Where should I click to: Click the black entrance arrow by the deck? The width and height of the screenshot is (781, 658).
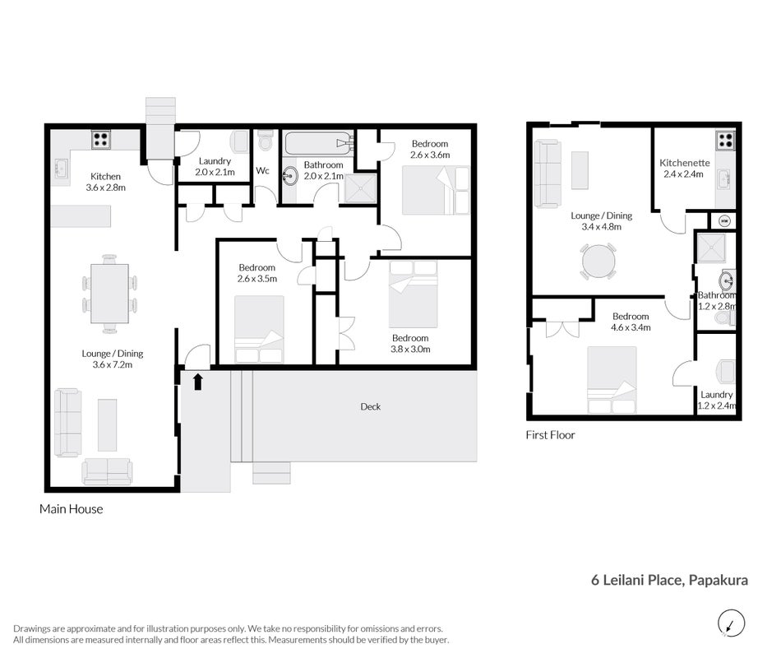(198, 382)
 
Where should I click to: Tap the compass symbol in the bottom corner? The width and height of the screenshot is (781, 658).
(731, 623)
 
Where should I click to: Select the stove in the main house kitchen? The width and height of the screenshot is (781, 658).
(101, 139)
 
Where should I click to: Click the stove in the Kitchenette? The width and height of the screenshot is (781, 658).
(725, 140)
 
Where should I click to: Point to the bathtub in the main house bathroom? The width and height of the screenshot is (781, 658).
(319, 143)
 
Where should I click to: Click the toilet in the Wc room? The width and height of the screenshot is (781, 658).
(266, 140)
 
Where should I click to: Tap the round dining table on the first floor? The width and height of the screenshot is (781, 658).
(598, 261)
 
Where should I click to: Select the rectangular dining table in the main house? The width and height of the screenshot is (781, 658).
(110, 294)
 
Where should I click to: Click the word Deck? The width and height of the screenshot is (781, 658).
(371, 407)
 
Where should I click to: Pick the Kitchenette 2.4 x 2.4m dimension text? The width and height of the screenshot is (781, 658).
(683, 174)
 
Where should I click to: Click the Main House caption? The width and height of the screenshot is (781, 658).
(72, 509)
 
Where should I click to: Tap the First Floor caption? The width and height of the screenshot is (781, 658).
(550, 435)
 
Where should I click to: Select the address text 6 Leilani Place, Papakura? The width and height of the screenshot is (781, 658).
(669, 580)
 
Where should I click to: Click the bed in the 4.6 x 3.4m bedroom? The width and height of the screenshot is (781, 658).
(612, 380)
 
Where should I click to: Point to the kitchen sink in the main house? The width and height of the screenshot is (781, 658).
(62, 169)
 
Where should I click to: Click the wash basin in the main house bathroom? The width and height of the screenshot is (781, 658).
(289, 175)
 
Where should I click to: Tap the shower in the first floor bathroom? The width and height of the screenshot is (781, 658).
(711, 248)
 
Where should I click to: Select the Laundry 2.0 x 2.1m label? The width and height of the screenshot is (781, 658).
(215, 166)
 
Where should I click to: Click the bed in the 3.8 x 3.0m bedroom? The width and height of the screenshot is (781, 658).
(414, 294)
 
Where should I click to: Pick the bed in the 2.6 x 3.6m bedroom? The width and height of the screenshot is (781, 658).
(436, 191)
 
